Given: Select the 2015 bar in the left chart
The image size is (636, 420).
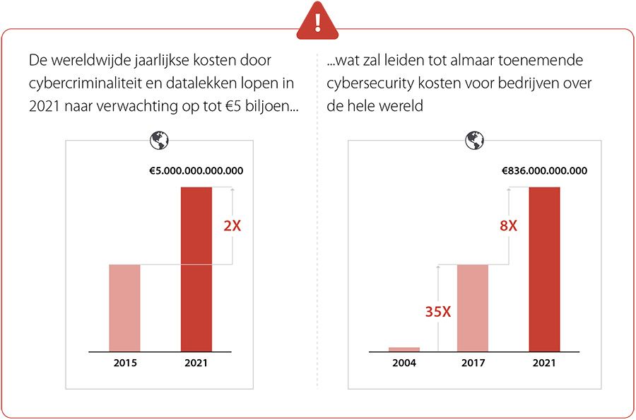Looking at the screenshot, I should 124,308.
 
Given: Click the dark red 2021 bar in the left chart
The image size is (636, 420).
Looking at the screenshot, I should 196,269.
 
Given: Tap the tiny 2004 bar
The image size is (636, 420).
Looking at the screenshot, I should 404,349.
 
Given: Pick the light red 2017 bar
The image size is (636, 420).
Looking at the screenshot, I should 473,308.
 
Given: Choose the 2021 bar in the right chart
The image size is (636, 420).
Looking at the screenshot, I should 544,269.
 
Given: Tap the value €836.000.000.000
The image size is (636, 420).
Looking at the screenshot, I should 544,170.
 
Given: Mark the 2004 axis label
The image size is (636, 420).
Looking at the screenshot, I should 404,363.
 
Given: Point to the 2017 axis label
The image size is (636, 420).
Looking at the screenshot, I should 473,363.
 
